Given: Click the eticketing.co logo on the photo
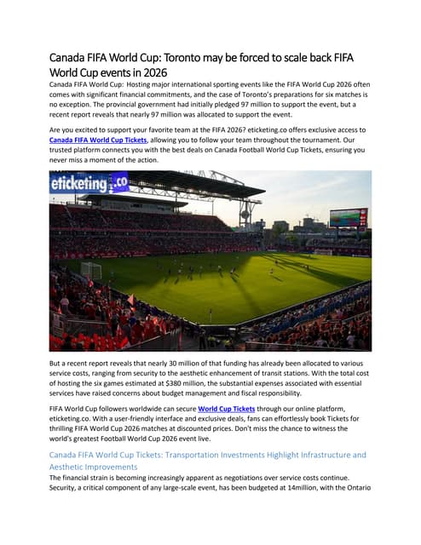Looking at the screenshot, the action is (x=89, y=181).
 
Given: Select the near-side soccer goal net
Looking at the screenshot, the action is (x=91, y=271).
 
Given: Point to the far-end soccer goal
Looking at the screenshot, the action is (x=323, y=252).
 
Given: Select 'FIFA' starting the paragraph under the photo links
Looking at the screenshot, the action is (x=57, y=408).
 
